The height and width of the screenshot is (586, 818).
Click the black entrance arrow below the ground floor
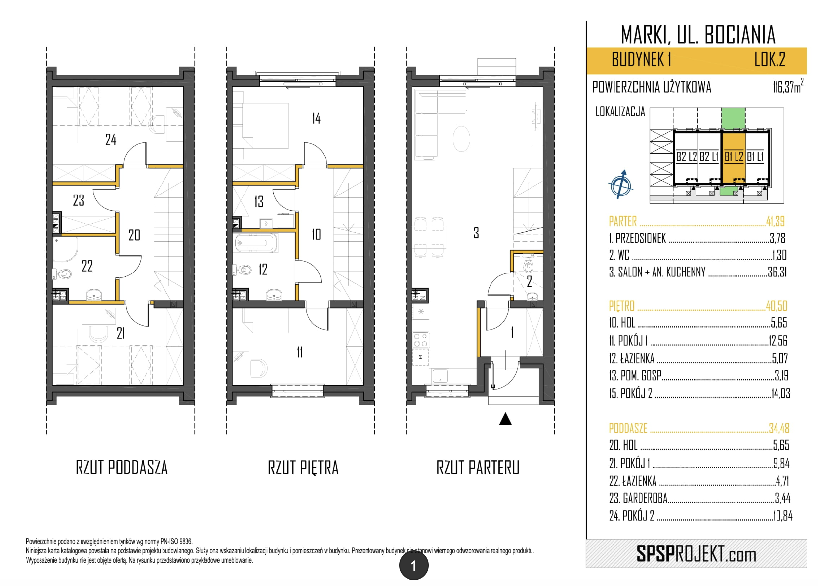click(505, 419)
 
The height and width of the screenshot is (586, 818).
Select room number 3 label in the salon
click(476, 233)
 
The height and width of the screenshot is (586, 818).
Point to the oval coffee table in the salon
click(461, 138)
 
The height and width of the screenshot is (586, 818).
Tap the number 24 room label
click(111, 139)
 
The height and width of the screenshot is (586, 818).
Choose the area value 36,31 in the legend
click(777, 272)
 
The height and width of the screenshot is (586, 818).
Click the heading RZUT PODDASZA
click(122, 468)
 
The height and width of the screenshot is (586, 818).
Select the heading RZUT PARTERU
click(478, 468)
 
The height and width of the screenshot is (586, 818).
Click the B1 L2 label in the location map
click(734, 156)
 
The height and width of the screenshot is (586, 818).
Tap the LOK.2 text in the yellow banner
click(770, 59)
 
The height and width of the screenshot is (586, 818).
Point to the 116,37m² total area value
click(788, 86)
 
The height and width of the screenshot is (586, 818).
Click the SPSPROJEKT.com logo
click(696, 554)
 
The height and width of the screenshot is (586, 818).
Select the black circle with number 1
click(414, 566)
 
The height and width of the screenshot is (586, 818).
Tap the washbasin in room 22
click(94, 295)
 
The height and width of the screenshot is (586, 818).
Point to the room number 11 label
click(299, 352)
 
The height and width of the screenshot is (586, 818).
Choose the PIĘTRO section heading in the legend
click(621, 306)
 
